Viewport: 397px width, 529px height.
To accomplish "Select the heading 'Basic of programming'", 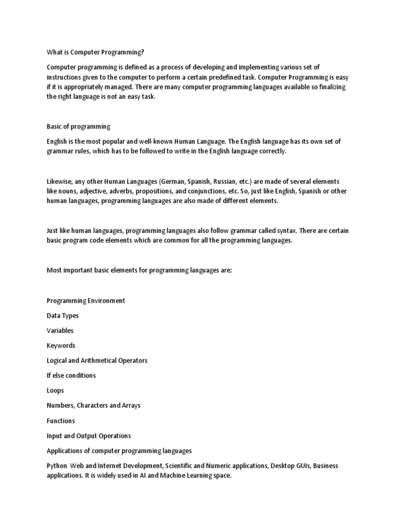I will coord(79,127).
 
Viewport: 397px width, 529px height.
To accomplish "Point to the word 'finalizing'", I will coord(330,87).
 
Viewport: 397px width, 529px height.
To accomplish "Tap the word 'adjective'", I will coord(97,192).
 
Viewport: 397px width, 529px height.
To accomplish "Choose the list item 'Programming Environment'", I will coord(86,301).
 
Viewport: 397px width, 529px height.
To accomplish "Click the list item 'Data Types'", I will coord(63,316).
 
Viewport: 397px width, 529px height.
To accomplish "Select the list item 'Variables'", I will coord(60,331).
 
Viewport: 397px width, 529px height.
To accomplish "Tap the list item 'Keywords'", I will coord(61,346).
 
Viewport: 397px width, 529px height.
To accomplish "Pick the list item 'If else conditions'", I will coord(71,376).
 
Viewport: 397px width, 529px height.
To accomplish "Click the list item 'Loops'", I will coord(55,391).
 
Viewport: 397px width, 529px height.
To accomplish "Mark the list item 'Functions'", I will coord(61,421).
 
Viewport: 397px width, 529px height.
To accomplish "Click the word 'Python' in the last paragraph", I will coord(57,466).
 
